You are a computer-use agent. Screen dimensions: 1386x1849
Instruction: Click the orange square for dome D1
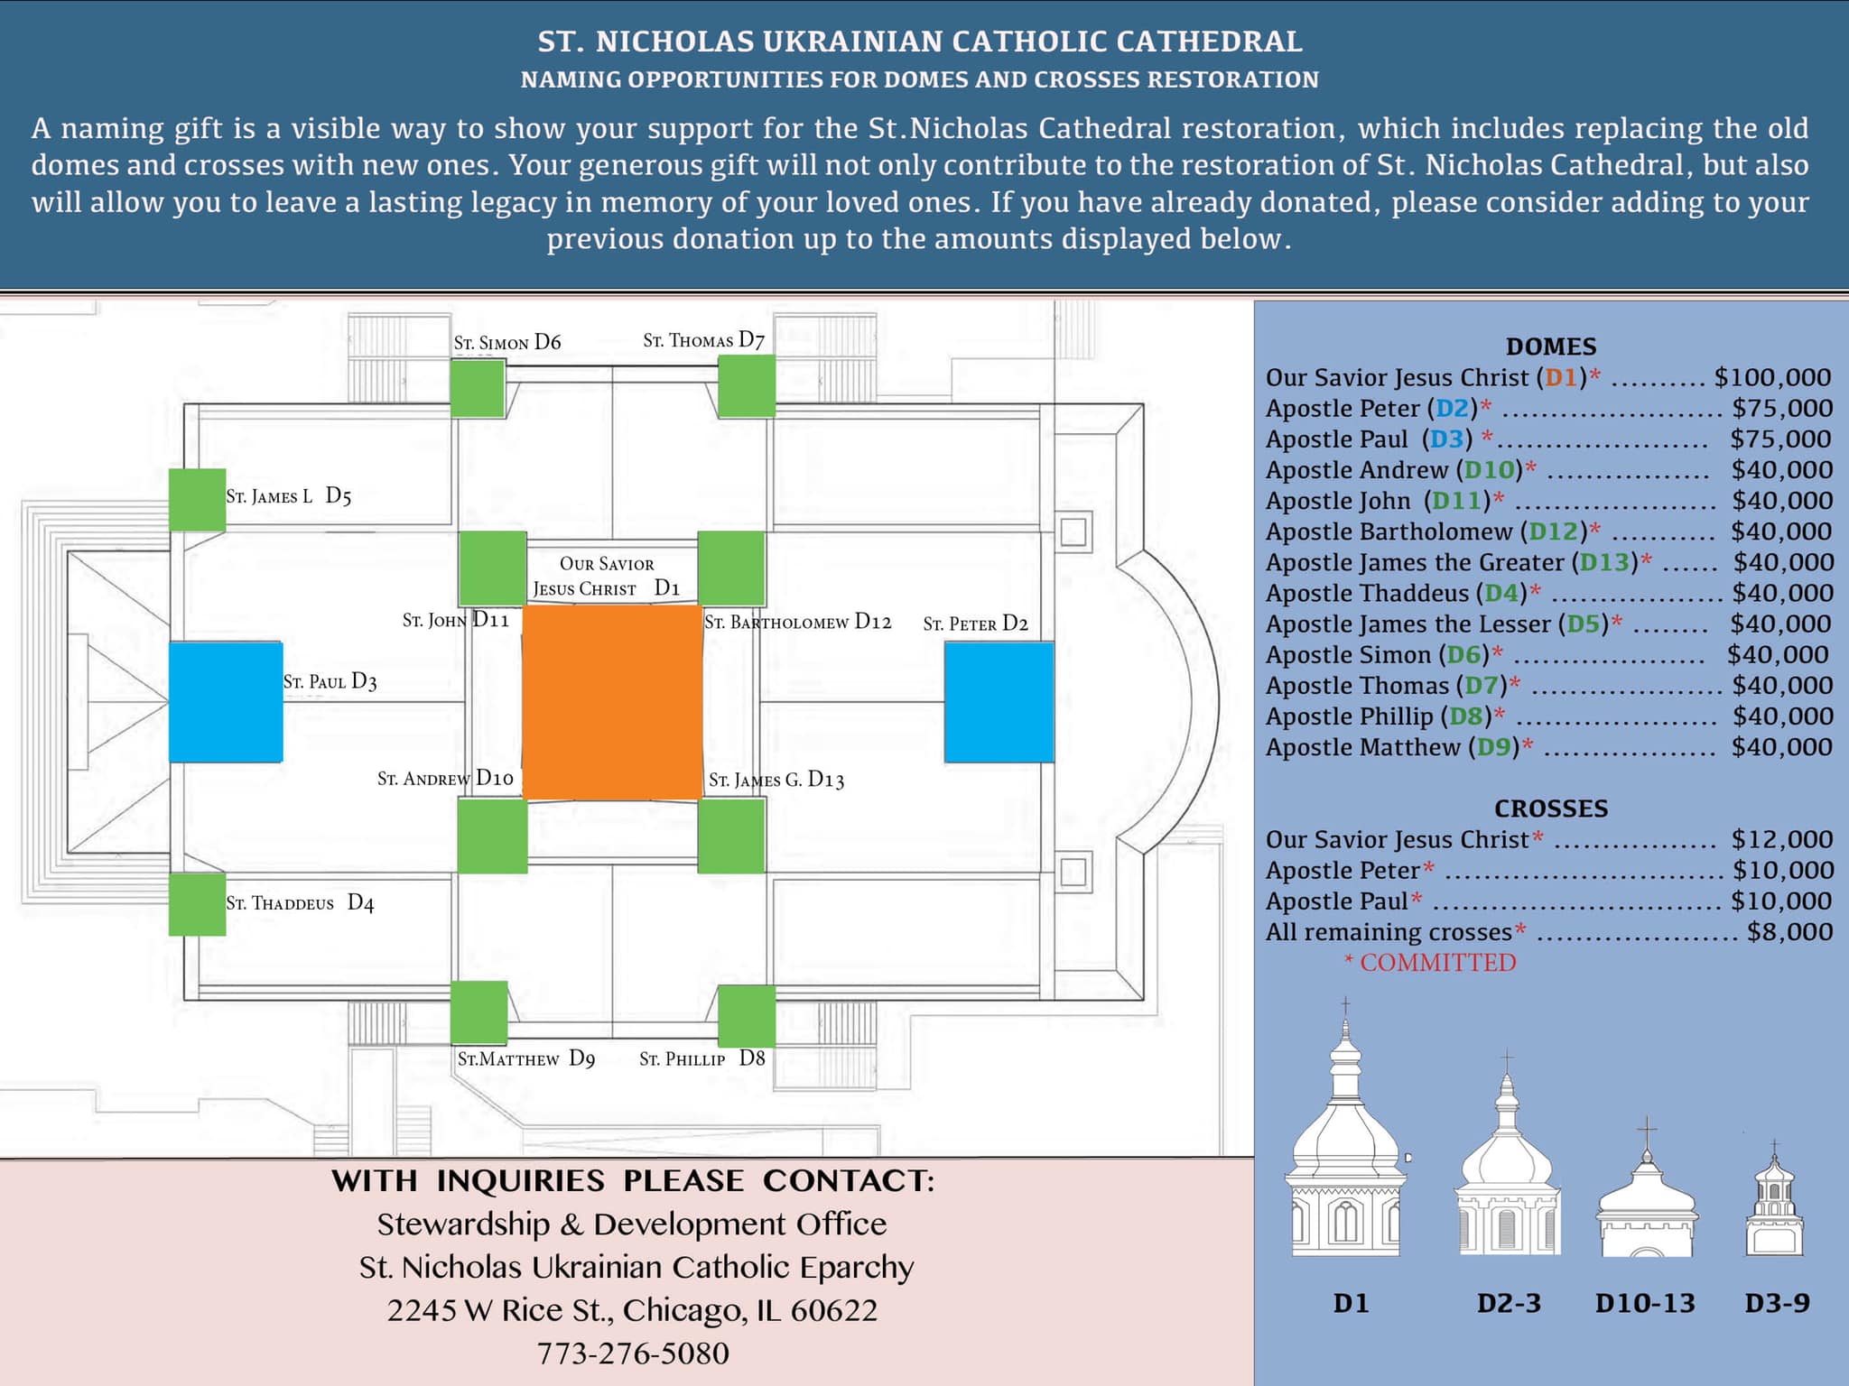tap(612, 702)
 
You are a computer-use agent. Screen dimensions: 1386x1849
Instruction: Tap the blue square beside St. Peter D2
tap(999, 702)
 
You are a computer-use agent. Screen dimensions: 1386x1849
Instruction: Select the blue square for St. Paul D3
tap(226, 702)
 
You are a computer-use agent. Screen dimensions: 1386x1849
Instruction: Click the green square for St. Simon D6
tap(478, 388)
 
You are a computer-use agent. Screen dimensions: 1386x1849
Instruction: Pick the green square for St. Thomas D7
tap(746, 386)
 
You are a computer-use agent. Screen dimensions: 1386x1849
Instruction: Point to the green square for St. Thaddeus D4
tap(197, 904)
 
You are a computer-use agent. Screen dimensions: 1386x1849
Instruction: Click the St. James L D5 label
tap(288, 495)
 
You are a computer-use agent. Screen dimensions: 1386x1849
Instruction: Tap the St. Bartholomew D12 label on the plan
tap(797, 622)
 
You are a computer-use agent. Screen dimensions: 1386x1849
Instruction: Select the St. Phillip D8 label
tap(702, 1058)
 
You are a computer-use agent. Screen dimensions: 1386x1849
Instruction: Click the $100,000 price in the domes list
tap(1772, 377)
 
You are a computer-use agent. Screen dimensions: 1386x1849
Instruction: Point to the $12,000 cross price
tap(1781, 839)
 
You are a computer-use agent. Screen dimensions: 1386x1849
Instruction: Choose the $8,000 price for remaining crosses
tap(1789, 931)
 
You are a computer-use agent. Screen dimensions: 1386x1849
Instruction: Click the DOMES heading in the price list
tap(1551, 346)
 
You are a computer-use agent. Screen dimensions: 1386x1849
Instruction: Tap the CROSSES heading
tap(1551, 808)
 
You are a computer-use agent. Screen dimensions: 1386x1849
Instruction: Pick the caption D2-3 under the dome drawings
tap(1509, 1303)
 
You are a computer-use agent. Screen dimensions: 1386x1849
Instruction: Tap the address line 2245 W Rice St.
tap(632, 1310)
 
